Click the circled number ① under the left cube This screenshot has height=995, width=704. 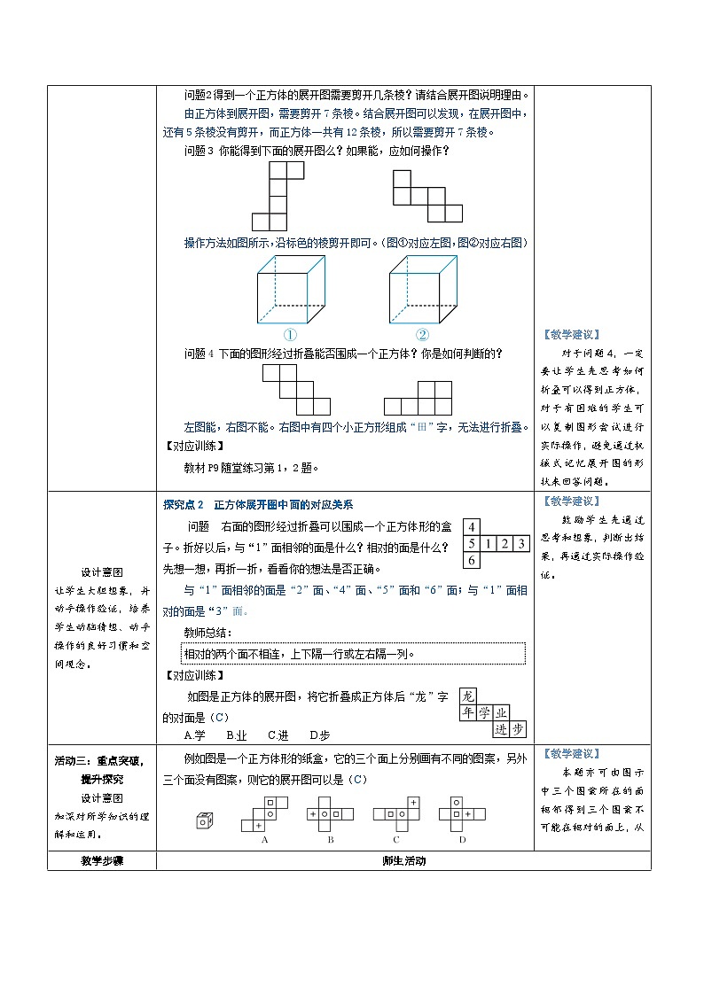coord(289,335)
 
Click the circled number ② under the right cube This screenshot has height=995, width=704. coord(422,335)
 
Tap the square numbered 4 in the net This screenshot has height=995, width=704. coord(473,525)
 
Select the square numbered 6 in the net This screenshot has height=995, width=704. coord(473,561)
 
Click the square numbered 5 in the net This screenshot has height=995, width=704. coord(473,543)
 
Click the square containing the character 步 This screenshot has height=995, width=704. coord(518,729)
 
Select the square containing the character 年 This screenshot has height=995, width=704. coord(469,712)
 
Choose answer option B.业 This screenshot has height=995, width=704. coord(237,735)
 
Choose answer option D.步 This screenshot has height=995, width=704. coord(320,735)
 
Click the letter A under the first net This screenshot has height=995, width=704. coord(264,839)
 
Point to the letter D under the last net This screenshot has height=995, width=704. coord(462,839)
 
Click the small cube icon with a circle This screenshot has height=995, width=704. coord(204,820)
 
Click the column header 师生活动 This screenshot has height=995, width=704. coord(403,861)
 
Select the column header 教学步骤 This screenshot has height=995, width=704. coord(101,861)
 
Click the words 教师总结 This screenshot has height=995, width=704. coord(207,632)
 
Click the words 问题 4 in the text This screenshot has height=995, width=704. coord(199,354)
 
